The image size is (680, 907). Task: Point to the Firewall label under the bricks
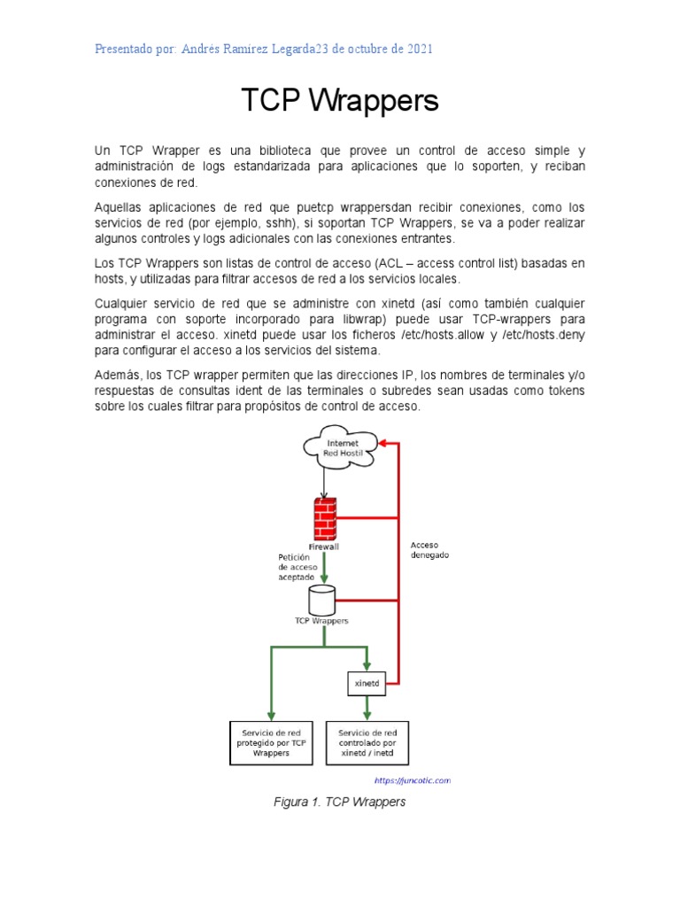323,547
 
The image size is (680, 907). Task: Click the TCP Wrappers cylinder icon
321,600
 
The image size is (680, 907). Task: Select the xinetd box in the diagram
367,684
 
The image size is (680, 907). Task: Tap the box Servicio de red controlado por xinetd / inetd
367,742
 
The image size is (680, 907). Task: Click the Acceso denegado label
429,549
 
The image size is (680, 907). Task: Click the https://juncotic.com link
412,780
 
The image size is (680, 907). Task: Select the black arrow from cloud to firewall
325,481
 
